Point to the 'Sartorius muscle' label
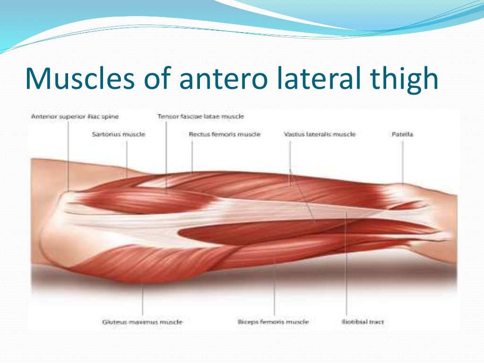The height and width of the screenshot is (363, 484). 118,134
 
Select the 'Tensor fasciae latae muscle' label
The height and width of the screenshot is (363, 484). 201,116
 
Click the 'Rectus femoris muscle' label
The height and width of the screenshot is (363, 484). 225,134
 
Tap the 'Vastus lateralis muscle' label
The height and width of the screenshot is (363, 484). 320,134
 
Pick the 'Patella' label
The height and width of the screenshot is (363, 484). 402,134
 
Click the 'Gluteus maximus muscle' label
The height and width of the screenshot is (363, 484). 142,322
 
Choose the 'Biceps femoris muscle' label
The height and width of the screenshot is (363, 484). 273,322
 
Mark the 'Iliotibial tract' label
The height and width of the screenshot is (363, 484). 363,322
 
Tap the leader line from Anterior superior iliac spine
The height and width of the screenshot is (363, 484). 69,156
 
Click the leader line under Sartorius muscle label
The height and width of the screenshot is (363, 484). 127,158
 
